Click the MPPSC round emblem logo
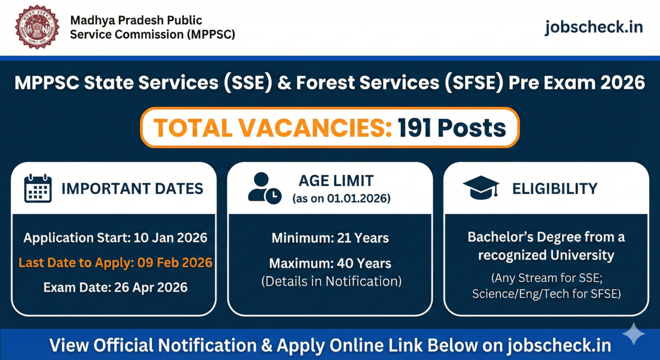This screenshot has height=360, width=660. coord(37,27)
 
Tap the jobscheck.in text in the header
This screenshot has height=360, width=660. coord(594,27)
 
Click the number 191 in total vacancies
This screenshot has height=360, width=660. coord(414,128)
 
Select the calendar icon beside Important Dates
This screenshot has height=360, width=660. coord(38,188)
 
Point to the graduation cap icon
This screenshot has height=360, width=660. coord(481,188)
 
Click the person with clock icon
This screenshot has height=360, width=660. coord(265,188)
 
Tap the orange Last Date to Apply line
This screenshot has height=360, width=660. coord(116,262)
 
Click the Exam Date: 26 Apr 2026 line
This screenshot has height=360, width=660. coord(116,287)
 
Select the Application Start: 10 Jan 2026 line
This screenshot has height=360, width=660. coord(116,238)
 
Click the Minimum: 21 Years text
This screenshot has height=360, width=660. coord(330,238)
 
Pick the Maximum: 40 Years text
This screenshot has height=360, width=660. coord(330,263)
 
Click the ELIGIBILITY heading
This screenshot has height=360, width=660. coord(555,189)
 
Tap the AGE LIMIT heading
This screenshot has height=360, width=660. coord(336,180)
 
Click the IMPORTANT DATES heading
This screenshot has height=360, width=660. coord(132,189)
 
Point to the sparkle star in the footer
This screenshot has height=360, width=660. coord(634,334)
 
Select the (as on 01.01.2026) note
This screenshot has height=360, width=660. coord(342,198)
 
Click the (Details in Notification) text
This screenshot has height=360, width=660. coord(331,281)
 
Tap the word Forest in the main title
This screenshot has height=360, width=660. coord(325,82)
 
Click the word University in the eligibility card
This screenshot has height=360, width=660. coord(582,255)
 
